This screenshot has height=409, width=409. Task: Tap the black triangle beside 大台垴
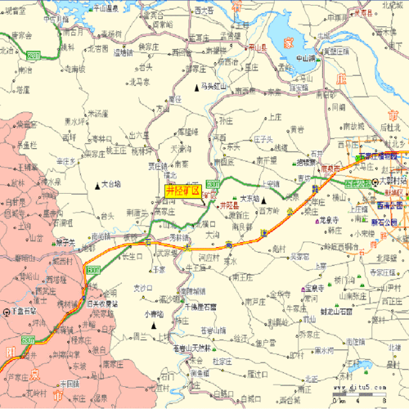97,185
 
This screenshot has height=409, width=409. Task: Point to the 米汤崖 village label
97,114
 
